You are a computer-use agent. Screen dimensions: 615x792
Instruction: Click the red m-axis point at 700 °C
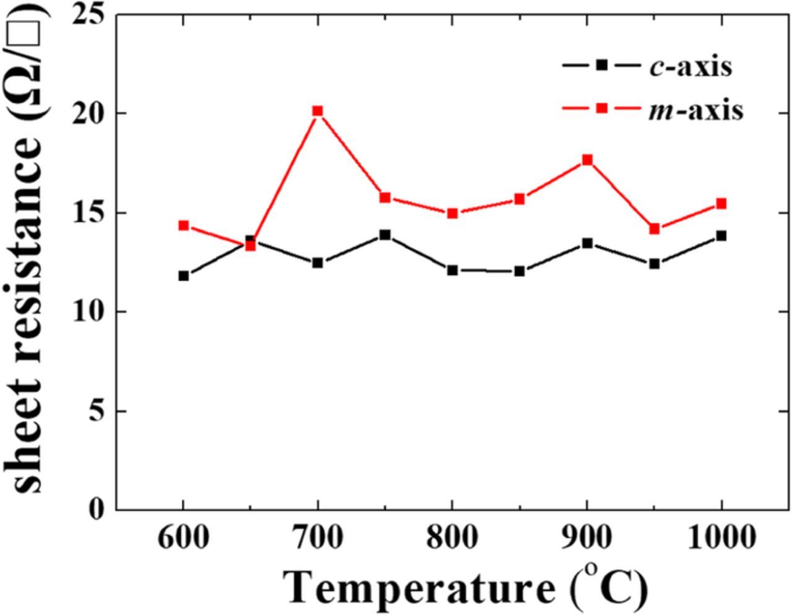317,111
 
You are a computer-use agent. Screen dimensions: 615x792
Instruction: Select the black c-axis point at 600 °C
183,276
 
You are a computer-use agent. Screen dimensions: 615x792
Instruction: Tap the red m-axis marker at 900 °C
587,160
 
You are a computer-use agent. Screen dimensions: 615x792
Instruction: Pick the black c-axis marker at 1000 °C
721,235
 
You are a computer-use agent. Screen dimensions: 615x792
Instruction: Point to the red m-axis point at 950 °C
654,229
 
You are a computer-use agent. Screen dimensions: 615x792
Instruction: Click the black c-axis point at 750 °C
385,235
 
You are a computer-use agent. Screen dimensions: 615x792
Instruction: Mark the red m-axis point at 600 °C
183,225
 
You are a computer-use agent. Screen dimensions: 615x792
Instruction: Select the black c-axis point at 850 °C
519,271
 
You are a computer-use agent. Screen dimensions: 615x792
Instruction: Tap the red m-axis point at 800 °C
452,214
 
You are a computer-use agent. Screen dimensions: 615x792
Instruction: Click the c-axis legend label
690,66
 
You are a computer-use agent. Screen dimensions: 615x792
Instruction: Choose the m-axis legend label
695,111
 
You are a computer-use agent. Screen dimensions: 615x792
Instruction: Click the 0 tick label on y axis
98,509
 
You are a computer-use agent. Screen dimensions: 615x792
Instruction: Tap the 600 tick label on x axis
183,538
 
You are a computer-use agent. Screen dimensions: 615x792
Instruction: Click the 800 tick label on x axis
452,538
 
